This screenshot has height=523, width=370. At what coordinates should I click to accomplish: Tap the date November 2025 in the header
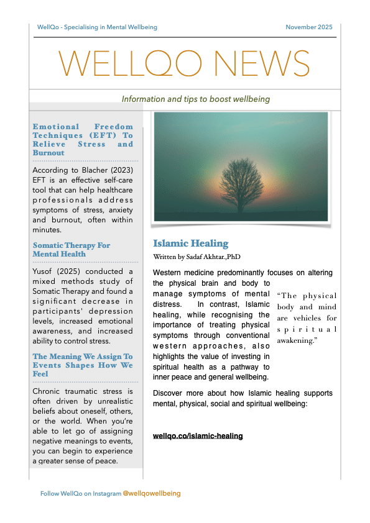[x=308, y=27]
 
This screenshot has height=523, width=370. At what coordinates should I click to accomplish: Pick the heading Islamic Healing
[x=191, y=243]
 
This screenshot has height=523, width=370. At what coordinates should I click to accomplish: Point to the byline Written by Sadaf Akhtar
[x=197, y=256]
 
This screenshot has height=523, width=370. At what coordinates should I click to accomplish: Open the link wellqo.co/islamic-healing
[x=198, y=436]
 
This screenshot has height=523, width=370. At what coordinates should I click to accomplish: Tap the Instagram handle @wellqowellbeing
[x=152, y=493]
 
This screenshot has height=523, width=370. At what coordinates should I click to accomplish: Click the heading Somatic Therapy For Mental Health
[x=72, y=249]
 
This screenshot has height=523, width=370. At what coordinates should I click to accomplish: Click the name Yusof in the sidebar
[x=45, y=271]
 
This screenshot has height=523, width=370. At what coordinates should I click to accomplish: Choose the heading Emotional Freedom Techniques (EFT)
[x=83, y=135]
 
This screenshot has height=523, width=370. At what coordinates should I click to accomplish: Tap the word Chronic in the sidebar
[x=49, y=391]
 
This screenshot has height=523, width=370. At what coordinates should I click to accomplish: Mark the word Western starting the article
[x=170, y=273]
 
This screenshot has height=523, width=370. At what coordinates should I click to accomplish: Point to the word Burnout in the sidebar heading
[x=49, y=153]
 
